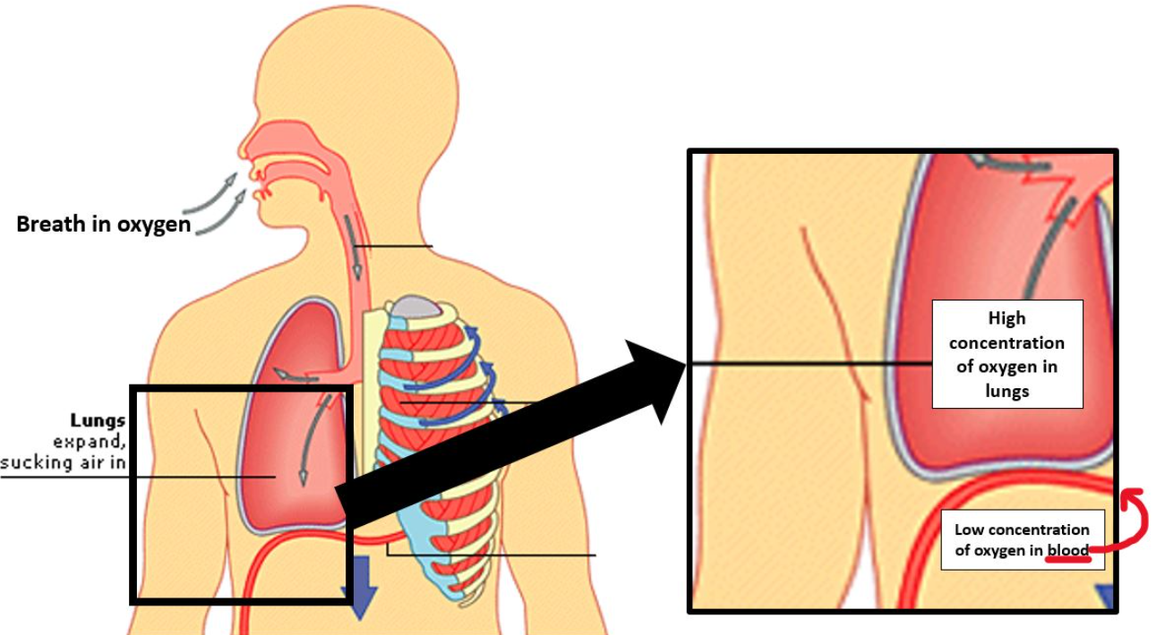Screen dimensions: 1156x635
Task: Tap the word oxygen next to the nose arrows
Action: click(x=154, y=225)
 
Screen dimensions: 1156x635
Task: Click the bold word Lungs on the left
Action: click(x=98, y=421)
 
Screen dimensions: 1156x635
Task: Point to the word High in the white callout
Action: click(x=1006, y=318)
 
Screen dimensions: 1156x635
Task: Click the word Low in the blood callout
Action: click(x=969, y=529)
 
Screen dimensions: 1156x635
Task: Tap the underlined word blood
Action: click(x=1067, y=550)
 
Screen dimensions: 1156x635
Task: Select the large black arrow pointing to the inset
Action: click(x=511, y=436)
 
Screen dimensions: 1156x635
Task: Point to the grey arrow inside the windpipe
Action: click(x=354, y=248)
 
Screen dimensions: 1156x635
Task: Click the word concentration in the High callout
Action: click(x=1006, y=343)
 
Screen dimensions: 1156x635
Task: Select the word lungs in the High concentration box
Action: click(x=1006, y=391)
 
